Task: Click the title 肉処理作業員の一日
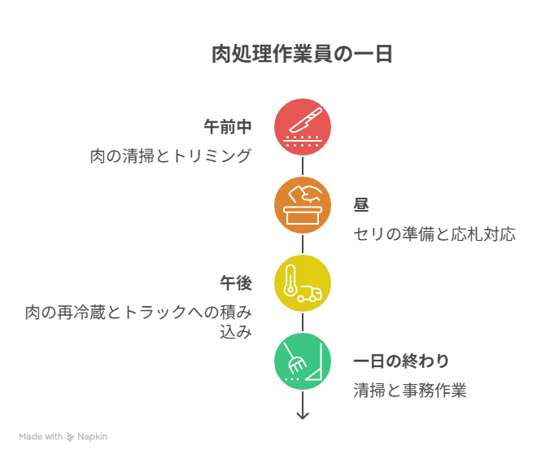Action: click(x=302, y=55)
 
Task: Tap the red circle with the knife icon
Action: click(x=303, y=127)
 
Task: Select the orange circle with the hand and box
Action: click(x=303, y=205)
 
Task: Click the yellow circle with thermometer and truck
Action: click(x=303, y=283)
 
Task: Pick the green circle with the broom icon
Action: click(x=303, y=361)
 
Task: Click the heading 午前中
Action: click(x=228, y=127)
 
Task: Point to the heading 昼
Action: click(x=361, y=205)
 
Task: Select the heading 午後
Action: click(x=236, y=283)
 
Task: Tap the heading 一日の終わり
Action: click(x=401, y=361)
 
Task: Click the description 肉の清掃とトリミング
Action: click(x=171, y=156)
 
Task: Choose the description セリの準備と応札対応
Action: click(x=434, y=234)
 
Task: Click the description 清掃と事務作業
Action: click(x=410, y=391)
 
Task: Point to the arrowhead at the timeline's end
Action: click(x=303, y=416)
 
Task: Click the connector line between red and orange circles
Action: click(x=303, y=166)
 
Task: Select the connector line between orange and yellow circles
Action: click(x=303, y=244)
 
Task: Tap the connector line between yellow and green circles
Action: click(x=303, y=322)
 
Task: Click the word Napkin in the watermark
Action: click(x=93, y=437)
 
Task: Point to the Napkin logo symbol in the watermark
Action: click(x=70, y=437)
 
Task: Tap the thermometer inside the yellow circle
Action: click(x=290, y=281)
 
